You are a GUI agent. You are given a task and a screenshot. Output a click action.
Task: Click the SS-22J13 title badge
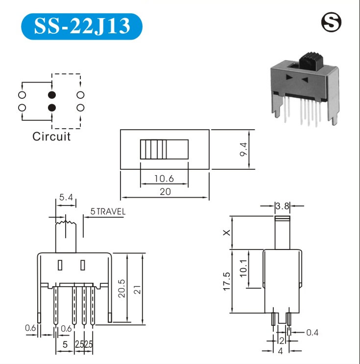(82, 26)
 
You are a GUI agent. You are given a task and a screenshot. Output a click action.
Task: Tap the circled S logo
(332, 23)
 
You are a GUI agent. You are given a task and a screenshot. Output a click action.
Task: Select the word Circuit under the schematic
(51, 136)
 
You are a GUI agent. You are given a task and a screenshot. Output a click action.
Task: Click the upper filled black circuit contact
(52, 95)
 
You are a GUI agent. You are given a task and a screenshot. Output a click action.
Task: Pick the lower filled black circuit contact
(52, 108)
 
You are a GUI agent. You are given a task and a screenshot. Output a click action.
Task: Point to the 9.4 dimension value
(243, 150)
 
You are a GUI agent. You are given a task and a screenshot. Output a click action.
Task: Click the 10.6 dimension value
(164, 179)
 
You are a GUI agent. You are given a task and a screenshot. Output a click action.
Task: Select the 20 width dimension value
(165, 192)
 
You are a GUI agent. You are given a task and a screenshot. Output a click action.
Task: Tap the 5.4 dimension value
(66, 197)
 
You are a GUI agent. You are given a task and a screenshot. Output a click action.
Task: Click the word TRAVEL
(111, 211)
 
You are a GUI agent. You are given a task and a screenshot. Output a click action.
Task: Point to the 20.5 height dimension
(121, 288)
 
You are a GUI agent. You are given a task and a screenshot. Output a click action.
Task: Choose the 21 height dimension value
(137, 290)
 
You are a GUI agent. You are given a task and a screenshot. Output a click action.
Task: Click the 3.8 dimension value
(282, 206)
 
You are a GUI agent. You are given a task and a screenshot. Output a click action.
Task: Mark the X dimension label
(227, 232)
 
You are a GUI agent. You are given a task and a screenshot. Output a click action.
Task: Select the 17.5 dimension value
(227, 281)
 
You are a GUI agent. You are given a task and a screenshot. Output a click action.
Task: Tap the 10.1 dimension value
(243, 268)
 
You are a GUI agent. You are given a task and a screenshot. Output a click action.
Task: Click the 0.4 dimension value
(312, 333)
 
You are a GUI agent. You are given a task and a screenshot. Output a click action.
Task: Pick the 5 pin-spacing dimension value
(65, 344)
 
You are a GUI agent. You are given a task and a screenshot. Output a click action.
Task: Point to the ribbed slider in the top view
(164, 149)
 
